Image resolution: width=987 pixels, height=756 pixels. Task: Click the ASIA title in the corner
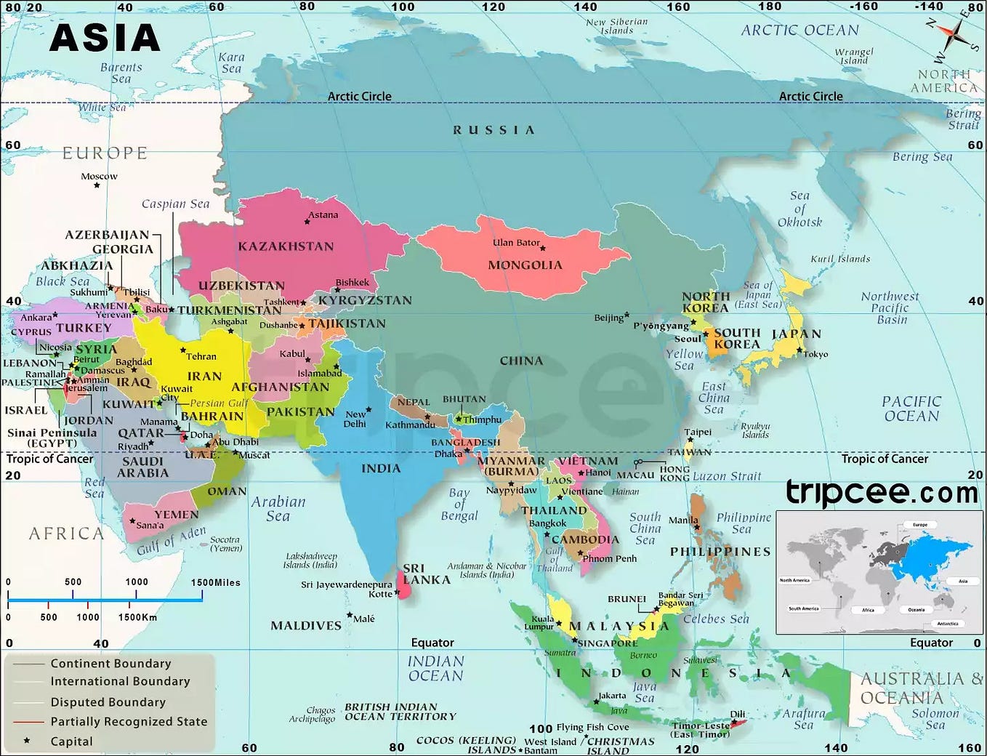coord(105,38)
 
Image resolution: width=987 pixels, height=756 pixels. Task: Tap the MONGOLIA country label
coord(525,265)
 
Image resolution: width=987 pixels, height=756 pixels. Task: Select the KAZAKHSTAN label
coord(286,246)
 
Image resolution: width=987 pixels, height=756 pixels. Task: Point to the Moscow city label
coord(99,177)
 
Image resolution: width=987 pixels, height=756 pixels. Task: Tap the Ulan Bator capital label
coord(516,243)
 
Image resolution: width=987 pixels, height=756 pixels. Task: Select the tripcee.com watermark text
coord(882,493)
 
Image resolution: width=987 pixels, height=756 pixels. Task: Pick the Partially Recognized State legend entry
coord(129,722)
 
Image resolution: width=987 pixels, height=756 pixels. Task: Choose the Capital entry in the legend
coord(71,741)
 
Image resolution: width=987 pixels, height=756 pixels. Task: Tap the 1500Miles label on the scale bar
coord(215,582)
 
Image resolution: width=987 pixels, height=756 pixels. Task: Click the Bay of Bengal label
coord(459,504)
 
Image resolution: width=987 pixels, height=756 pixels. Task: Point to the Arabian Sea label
coord(278,509)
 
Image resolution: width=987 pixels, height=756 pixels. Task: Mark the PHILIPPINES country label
coord(720,552)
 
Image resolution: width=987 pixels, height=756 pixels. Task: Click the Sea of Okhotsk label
coord(799,209)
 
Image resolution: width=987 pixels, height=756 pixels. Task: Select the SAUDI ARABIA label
coord(142,467)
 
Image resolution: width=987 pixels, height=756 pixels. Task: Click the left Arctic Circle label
coord(359,97)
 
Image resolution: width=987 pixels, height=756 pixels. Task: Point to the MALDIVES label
coord(305,626)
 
